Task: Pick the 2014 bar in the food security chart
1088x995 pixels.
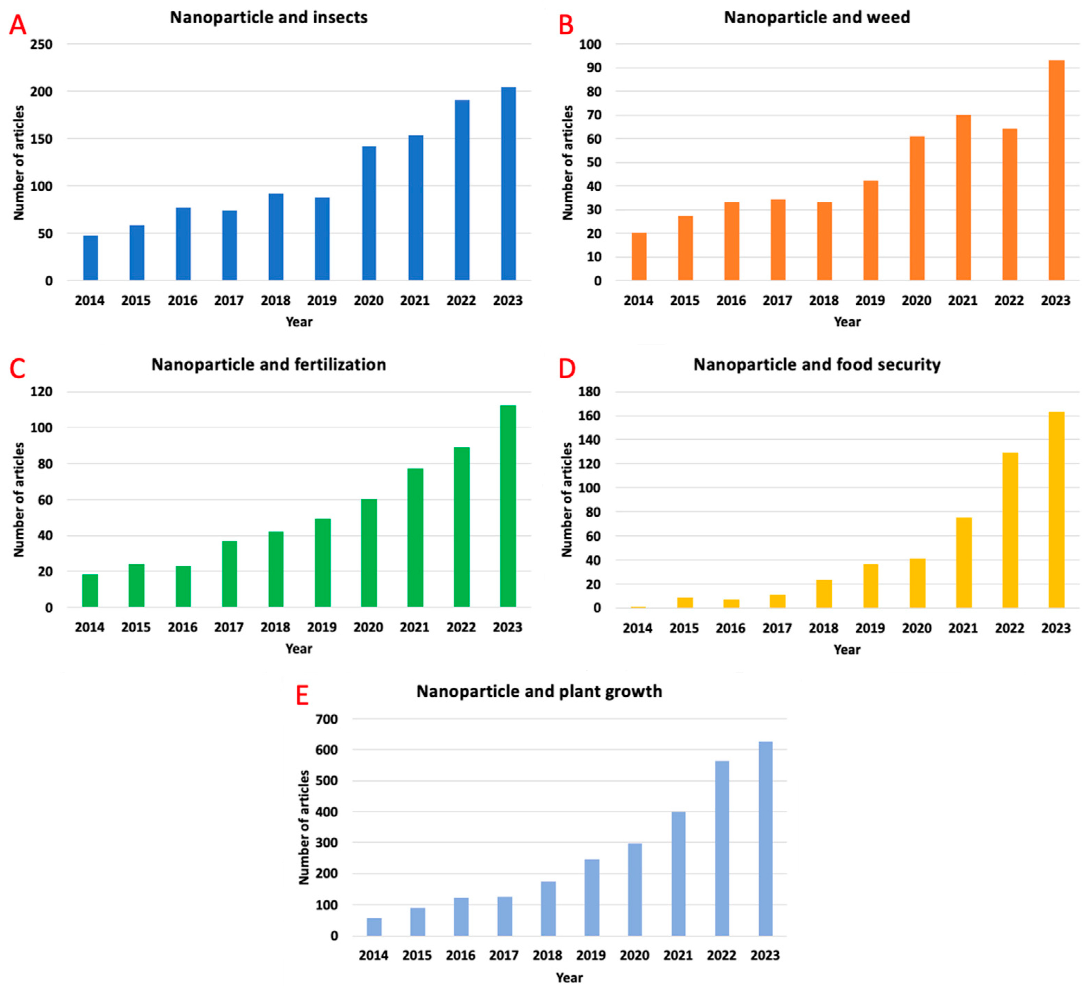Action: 638,607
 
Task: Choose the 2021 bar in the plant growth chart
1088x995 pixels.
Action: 678,874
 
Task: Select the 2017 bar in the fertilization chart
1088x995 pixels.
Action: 229,574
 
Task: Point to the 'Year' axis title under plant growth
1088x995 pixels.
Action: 569,978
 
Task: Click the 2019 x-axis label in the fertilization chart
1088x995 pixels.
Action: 322,627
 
